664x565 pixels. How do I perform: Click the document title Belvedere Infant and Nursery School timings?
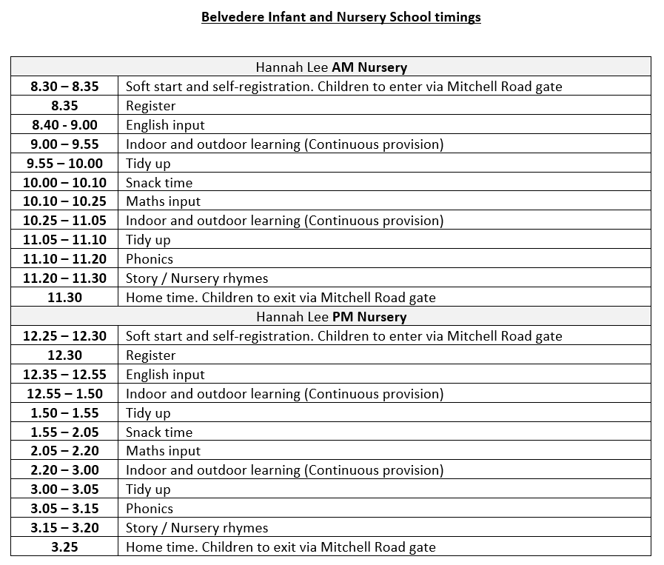coord(341,17)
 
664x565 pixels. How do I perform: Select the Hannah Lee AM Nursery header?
coord(332,67)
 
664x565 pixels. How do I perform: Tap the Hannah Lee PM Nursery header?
coord(332,317)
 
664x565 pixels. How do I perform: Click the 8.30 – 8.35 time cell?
coord(64,87)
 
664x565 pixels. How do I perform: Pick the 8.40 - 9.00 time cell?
coord(64,125)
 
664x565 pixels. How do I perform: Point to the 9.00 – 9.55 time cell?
coord(64,144)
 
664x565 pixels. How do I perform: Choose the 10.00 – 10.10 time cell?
coord(64,183)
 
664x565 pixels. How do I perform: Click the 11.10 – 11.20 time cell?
coord(64,259)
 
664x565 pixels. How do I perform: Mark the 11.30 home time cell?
coord(64,298)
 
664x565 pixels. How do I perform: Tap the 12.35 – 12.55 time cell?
coord(64,375)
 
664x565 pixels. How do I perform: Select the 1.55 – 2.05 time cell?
coord(64,432)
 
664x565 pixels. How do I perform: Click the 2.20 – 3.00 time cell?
coord(64,470)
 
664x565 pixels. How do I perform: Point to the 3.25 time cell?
coord(64,547)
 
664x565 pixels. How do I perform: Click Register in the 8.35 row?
coord(151,106)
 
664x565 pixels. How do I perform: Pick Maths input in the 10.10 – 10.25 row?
coord(163,201)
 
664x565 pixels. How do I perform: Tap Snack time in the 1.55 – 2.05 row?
coord(159,432)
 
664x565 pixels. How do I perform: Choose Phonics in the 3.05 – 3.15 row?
coord(150,509)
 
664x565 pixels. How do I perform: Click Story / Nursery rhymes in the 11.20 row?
coord(197,278)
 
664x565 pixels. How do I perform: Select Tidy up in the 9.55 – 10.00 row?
coord(148,164)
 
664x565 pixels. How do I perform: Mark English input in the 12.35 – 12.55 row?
coord(165,375)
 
